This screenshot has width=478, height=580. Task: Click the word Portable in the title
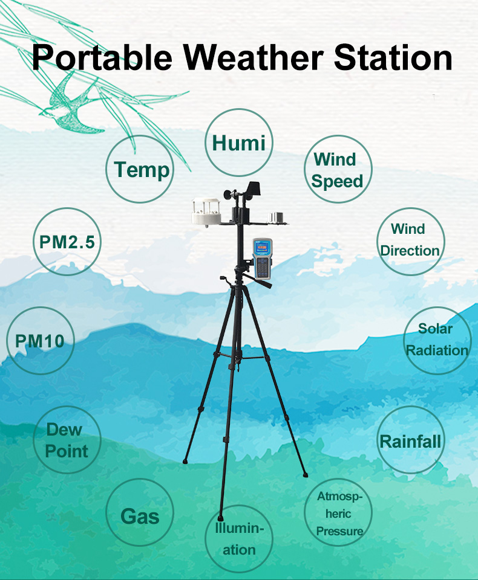(102, 57)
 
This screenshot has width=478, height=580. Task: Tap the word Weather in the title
(254, 57)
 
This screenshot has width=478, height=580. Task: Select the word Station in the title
(393, 57)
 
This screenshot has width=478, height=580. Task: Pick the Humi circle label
(239, 143)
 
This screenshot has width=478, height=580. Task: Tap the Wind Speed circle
(338, 169)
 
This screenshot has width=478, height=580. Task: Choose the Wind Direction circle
(411, 242)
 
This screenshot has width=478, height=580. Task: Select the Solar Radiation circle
(437, 340)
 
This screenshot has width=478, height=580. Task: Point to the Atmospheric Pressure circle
(338, 512)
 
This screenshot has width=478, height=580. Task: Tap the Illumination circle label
(239, 539)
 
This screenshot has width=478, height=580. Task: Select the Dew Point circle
(67, 439)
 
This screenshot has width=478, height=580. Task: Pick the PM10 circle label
(41, 340)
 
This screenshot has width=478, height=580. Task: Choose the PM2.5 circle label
(67, 242)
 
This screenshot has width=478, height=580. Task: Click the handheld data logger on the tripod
(263, 259)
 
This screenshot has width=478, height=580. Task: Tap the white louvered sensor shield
(206, 212)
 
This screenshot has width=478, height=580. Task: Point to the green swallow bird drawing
(72, 105)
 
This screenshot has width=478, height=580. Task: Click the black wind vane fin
(254, 188)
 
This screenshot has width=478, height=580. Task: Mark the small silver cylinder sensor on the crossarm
(277, 217)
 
